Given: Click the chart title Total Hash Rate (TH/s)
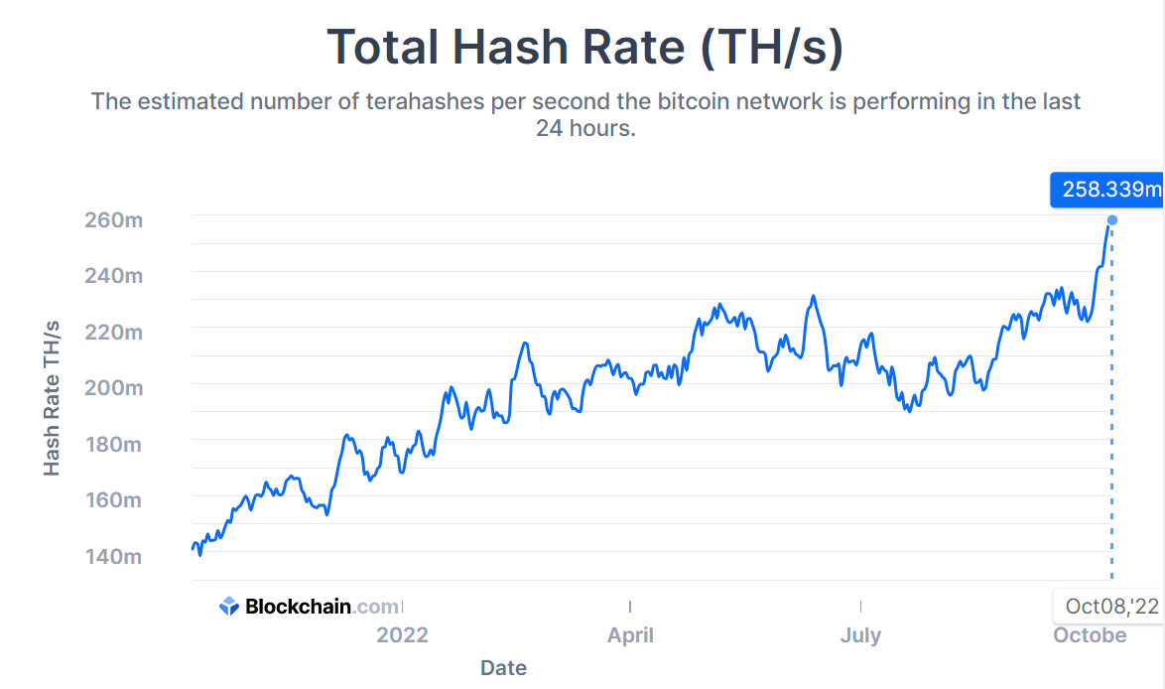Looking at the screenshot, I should (x=584, y=48).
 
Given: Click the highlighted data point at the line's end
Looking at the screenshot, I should (x=1112, y=219).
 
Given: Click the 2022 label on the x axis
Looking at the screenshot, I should (x=402, y=634).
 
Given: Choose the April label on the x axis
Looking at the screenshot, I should (x=630, y=634).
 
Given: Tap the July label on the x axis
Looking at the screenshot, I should (x=860, y=634).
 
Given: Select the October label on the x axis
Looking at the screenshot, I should (x=1090, y=634).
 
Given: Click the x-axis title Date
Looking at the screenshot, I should (x=503, y=667).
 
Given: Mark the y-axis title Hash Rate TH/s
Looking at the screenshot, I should (x=53, y=397).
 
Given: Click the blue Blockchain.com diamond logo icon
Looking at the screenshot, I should (x=229, y=606).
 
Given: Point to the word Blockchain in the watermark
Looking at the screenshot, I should (x=298, y=606).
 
